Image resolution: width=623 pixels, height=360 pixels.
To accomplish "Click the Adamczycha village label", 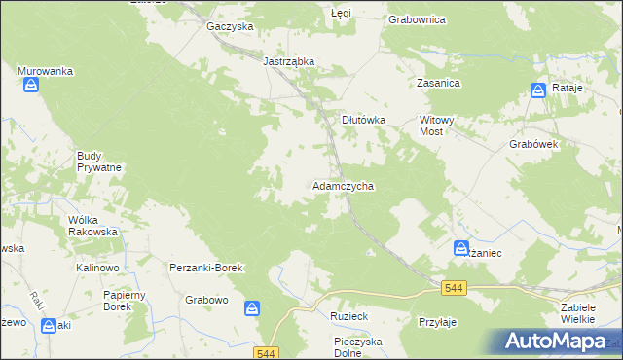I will tap(343, 185).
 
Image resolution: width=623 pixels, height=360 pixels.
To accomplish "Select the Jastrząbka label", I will tap(289, 61).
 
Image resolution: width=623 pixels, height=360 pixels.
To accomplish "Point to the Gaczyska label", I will tap(230, 27).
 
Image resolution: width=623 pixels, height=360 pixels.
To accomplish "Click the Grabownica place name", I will tap(417, 18).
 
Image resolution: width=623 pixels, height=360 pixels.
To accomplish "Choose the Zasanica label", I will tap(438, 84).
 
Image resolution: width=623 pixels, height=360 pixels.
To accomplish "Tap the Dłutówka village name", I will tap(363, 120).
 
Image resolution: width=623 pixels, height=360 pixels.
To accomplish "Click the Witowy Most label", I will tap(437, 126).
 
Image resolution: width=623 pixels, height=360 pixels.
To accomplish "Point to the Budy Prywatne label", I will tap(99, 161).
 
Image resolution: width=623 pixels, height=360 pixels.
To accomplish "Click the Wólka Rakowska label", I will tap(93, 226).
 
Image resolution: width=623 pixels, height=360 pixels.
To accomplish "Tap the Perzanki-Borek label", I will tap(205, 267).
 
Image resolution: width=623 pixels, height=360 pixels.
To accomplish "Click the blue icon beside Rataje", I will tap(538, 90).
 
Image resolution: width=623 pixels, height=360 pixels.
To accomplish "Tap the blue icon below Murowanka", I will tap(32, 87).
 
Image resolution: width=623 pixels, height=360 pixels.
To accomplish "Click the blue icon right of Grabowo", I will tap(252, 308).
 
